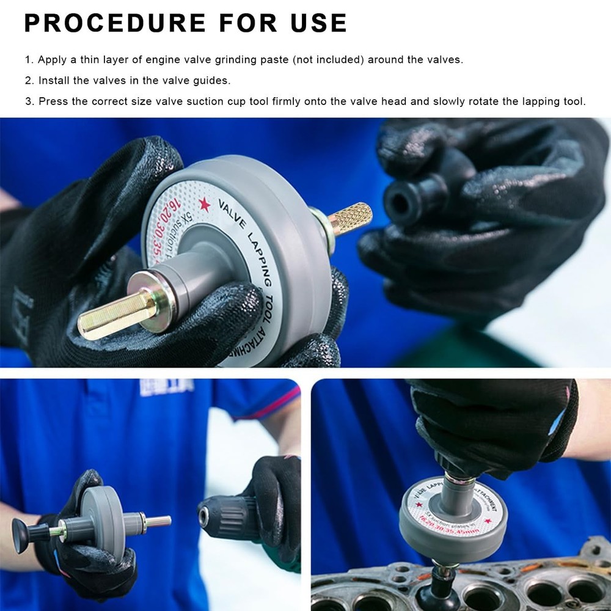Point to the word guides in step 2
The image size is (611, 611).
coord(210,81)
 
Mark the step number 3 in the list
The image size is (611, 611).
coord(28,101)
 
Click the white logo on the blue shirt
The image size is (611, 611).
coord(166,387)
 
